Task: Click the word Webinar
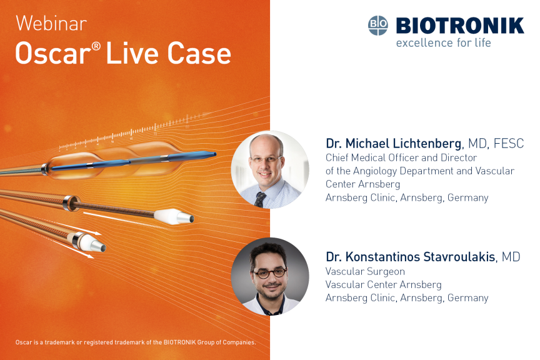[51, 23]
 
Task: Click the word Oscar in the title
[53, 53]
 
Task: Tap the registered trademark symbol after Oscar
[97, 46]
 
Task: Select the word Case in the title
[199, 53]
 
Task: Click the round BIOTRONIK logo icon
[377, 26]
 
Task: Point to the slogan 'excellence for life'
[444, 42]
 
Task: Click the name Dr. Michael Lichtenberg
[394, 143]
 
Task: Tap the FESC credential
[509, 143]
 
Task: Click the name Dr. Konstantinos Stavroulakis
[411, 257]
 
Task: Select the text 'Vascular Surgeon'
[365, 271]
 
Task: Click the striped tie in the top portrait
[259, 199]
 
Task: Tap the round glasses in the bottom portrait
[270, 273]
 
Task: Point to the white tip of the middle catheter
[174, 216]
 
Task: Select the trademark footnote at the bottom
[136, 342]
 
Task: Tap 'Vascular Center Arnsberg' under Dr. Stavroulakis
[384, 284]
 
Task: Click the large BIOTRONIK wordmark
[460, 26]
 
